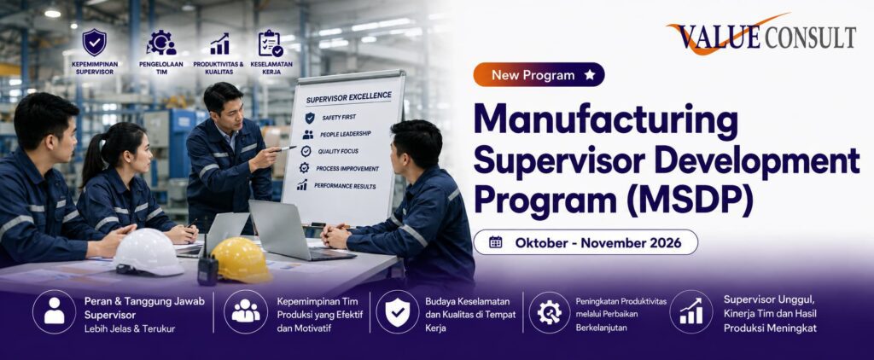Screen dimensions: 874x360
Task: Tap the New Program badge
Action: (x=539, y=75)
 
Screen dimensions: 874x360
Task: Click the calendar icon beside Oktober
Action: (x=496, y=242)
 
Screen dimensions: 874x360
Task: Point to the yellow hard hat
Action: (x=241, y=259)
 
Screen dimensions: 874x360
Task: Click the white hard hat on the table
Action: (x=149, y=253)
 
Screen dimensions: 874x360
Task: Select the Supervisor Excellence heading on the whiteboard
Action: (x=348, y=97)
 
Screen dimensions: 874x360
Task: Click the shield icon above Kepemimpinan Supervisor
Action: (x=94, y=43)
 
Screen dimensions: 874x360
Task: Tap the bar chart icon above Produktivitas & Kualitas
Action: (x=219, y=44)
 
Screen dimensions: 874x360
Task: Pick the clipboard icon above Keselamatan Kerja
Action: (x=271, y=43)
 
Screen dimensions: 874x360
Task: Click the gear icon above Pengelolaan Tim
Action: (x=161, y=43)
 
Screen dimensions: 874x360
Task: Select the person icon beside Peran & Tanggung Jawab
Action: (x=54, y=311)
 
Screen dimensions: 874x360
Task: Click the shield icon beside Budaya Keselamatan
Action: (x=397, y=311)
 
